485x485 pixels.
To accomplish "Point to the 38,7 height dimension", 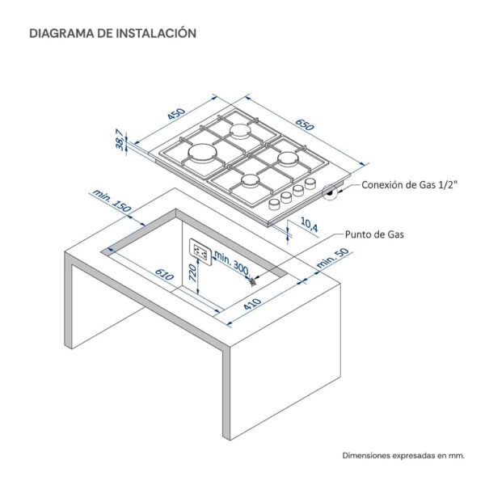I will pyautogui.click(x=120, y=141).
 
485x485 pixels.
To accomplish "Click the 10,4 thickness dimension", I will pyautogui.click(x=309, y=226).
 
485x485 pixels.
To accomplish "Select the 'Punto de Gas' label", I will pyautogui.click(x=373, y=234).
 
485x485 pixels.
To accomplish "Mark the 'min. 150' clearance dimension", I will pyautogui.click(x=111, y=200).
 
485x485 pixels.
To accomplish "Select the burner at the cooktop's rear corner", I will pyautogui.click(x=241, y=129).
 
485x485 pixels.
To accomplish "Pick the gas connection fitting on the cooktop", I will pyautogui.click(x=331, y=192).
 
